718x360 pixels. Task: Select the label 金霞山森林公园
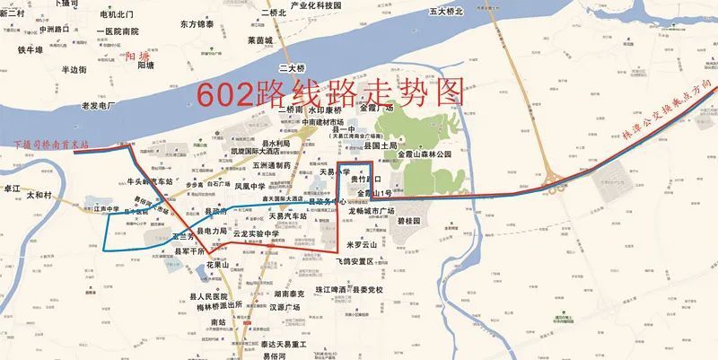click(436, 154)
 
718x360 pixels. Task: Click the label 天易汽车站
click(289, 216)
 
